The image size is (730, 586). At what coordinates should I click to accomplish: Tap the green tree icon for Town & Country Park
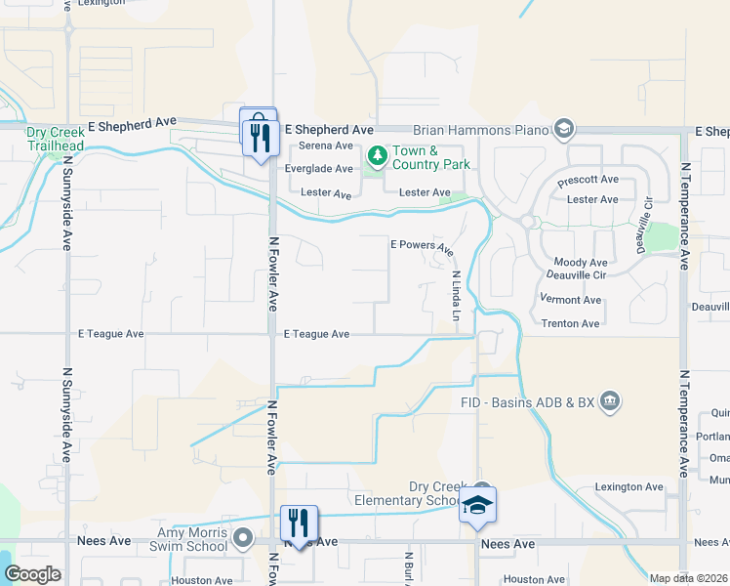click(376, 156)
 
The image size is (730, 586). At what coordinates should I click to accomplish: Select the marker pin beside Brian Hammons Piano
click(562, 129)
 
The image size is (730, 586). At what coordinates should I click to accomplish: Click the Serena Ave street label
click(325, 146)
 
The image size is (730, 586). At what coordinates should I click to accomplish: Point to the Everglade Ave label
click(325, 169)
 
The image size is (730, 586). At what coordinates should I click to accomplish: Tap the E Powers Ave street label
click(423, 247)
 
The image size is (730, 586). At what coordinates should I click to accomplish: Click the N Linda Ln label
click(454, 295)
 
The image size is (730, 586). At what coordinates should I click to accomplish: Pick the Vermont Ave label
click(571, 300)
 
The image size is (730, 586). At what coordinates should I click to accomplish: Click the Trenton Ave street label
click(571, 323)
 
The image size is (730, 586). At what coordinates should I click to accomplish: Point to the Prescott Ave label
click(588, 181)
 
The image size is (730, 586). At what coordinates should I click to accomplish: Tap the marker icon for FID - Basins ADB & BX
click(610, 400)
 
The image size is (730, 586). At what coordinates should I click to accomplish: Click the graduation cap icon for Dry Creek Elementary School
click(478, 504)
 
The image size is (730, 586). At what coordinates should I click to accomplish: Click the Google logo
click(32, 574)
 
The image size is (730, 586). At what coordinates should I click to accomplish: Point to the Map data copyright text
click(689, 578)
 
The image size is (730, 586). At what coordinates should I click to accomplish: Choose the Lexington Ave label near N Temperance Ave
click(629, 487)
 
